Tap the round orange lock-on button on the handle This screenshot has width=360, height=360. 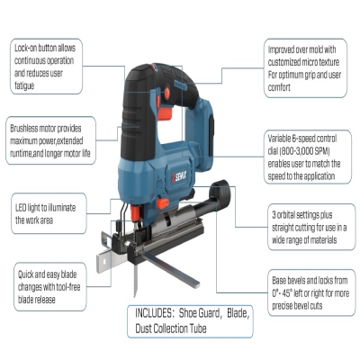tap(166, 94)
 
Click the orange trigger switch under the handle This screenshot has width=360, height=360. tap(164, 113)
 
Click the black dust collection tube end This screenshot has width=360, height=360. tap(221, 193)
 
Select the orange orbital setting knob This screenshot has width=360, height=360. tap(162, 203)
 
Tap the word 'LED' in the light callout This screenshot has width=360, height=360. tap(21, 208)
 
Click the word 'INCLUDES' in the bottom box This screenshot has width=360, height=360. tap(153, 313)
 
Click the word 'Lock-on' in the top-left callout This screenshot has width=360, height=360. tap(25, 48)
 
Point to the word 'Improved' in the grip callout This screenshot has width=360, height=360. tap(281, 49)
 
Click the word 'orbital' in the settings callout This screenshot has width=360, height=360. tap(285, 215)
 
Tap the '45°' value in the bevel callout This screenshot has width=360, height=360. tap(287, 292)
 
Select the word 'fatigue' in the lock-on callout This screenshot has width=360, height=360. tap(24, 86)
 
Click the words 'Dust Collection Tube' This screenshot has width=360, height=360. tap(171, 328)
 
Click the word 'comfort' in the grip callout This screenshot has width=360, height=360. tap(279, 87)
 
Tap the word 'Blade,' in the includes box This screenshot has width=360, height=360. tap(238, 313)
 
